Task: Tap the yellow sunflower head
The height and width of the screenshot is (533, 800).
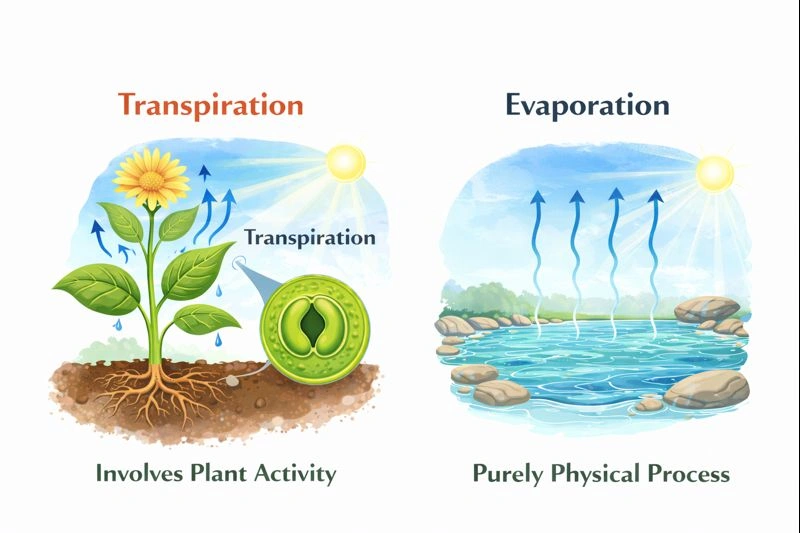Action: tap(151, 177)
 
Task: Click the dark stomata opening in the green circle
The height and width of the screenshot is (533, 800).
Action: tap(313, 324)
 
